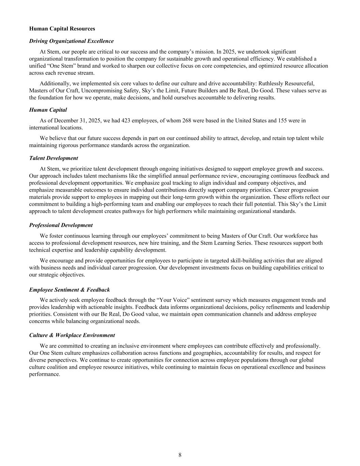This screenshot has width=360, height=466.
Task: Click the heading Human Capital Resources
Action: (62, 29)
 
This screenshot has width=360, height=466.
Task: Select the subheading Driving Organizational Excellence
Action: (71, 41)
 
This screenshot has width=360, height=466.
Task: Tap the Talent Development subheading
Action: (54, 158)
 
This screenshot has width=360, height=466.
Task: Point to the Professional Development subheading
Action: (61, 225)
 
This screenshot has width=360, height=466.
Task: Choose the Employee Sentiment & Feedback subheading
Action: (70, 290)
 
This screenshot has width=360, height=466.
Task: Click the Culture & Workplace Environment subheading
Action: (72, 335)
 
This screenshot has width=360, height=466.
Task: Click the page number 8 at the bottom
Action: (180, 455)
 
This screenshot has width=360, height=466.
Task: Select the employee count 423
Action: (126, 121)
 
